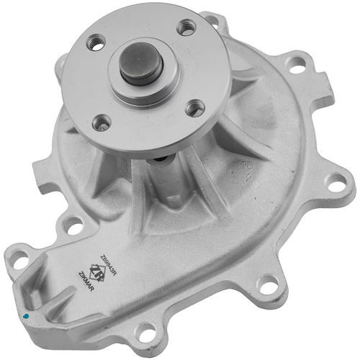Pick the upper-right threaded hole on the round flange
tap(186, 27)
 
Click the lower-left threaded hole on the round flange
tap(103, 122)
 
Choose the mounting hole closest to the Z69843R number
tap(72, 225)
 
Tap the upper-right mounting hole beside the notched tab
tap(295, 63)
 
